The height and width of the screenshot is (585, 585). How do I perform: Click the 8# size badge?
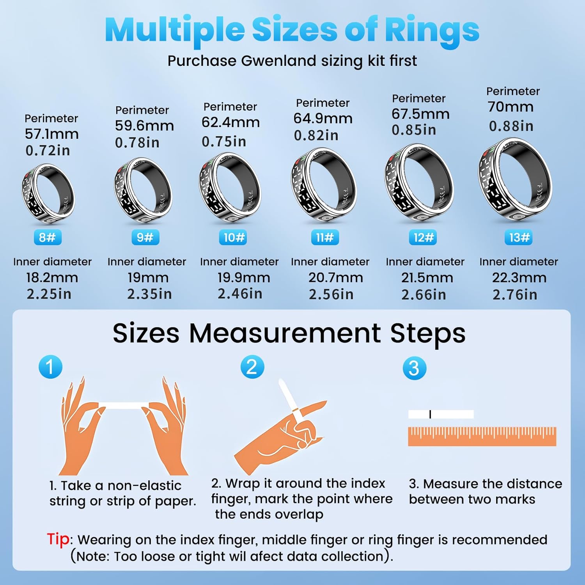tap(47, 237)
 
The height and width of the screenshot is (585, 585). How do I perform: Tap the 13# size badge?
tap(519, 237)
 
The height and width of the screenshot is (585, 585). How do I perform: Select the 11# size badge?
tap(324, 237)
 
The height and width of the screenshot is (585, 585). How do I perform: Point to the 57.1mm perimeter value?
tap(51, 134)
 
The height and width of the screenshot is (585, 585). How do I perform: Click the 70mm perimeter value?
tap(511, 107)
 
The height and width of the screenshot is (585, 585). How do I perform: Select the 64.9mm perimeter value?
tap(323, 119)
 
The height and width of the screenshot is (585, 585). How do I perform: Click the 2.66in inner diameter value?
tap(424, 295)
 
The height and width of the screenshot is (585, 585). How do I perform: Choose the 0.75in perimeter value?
tap(224, 142)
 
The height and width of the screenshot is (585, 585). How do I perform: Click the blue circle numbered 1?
tap(51, 367)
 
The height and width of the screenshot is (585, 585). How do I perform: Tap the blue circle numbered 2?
tap(252, 367)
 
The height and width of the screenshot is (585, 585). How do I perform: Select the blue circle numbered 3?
tap(415, 368)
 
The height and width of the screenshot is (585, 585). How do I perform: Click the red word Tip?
tap(58, 539)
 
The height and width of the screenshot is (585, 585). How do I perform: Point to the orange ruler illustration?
tap(482, 436)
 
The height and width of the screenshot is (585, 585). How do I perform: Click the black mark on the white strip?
tap(430, 414)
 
